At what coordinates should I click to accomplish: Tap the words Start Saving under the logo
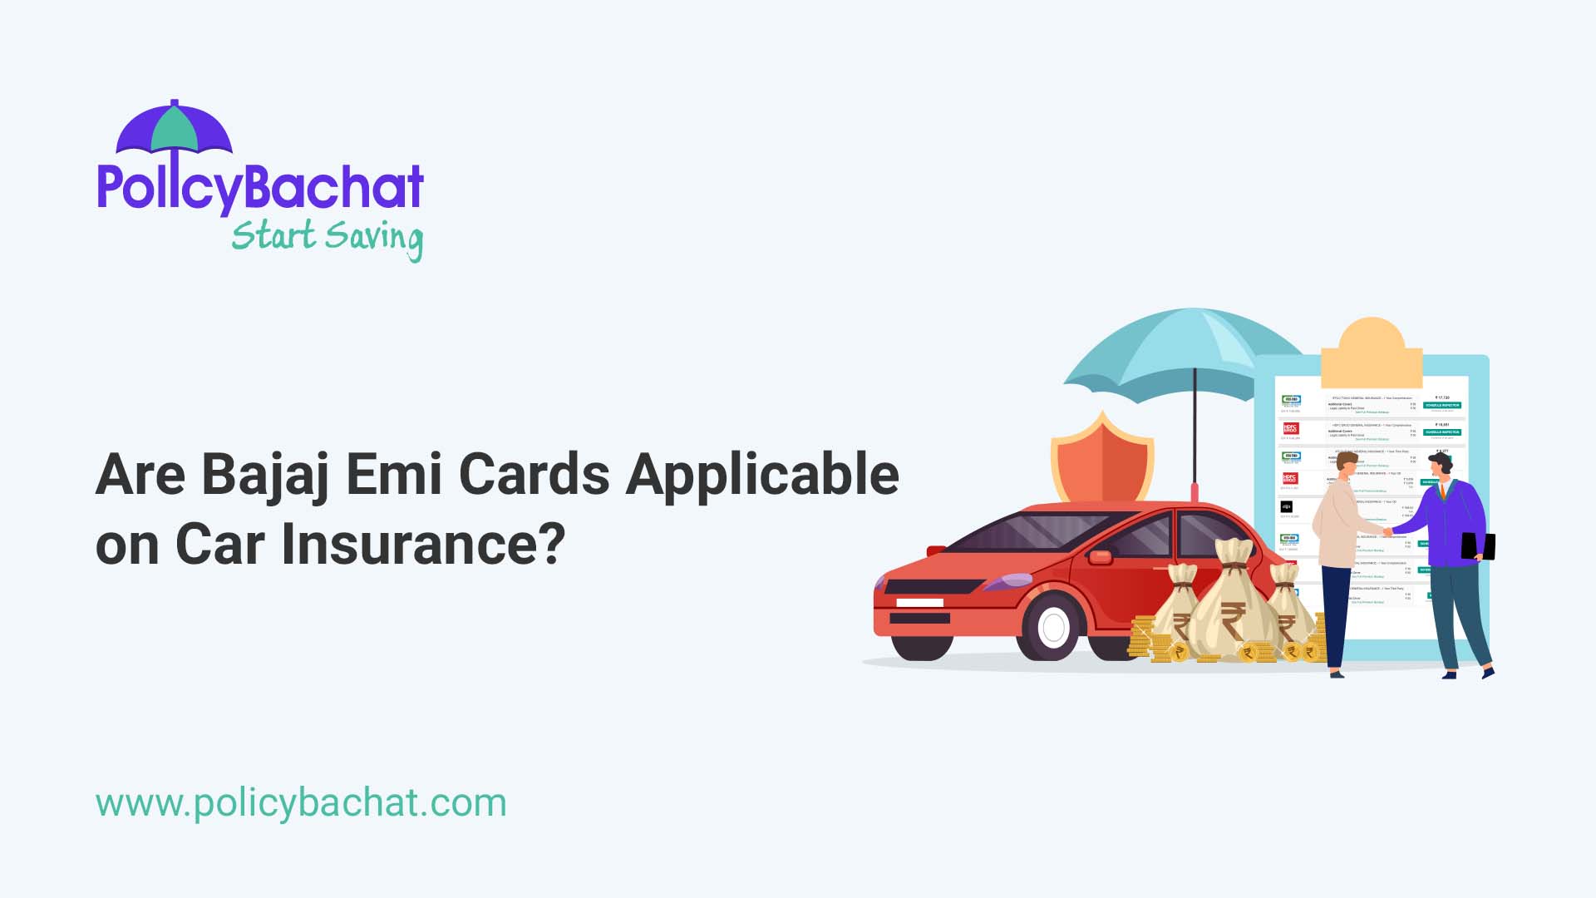pyautogui.click(x=327, y=238)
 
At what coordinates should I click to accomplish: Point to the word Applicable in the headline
pyautogui.click(x=762, y=476)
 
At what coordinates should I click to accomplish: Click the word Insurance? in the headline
pyautogui.click(x=423, y=545)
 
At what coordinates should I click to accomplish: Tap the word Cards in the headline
pyautogui.click(x=534, y=476)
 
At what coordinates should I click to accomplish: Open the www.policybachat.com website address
pyautogui.click(x=301, y=803)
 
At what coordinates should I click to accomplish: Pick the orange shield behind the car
pyautogui.click(x=1101, y=461)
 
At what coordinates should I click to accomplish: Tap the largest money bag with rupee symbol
pyautogui.click(x=1234, y=603)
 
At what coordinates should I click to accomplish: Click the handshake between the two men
pyautogui.click(x=1387, y=530)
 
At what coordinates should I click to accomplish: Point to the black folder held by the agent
pyautogui.click(x=1478, y=546)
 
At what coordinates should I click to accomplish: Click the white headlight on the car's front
pyautogui.click(x=919, y=602)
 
